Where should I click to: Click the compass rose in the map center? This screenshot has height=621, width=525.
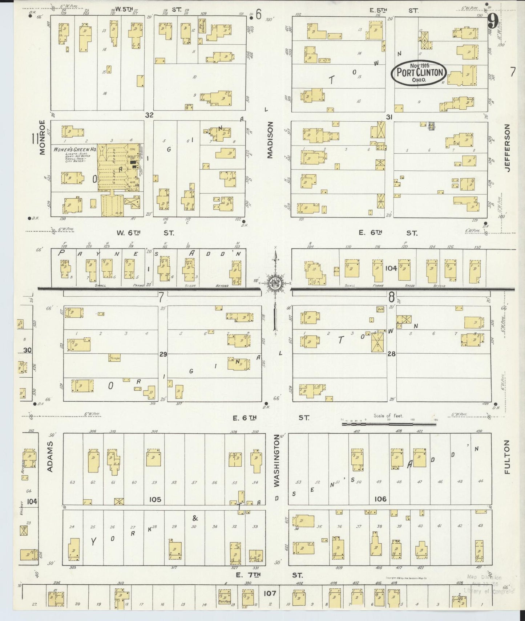point(275,284)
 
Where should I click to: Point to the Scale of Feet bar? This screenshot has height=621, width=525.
point(389,424)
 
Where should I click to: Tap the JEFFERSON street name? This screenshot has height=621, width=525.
point(508,147)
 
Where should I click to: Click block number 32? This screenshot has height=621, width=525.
point(149,115)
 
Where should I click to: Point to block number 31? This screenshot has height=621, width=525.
point(389,117)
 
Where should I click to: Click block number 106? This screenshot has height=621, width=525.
point(380,499)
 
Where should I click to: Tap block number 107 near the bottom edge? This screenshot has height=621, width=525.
point(270,593)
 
